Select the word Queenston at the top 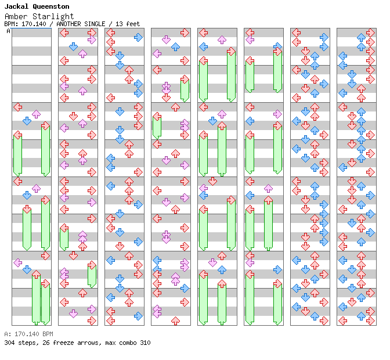[x=50, y=6]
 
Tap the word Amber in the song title [x=15, y=16]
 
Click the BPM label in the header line [x=10, y=24]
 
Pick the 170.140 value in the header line [x=32, y=24]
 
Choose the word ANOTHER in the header [x=67, y=24]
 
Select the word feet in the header [x=133, y=24]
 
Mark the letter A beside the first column [x=9, y=31]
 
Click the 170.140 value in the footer [x=26, y=334]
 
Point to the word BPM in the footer [x=47, y=334]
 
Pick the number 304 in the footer [x=9, y=343]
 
